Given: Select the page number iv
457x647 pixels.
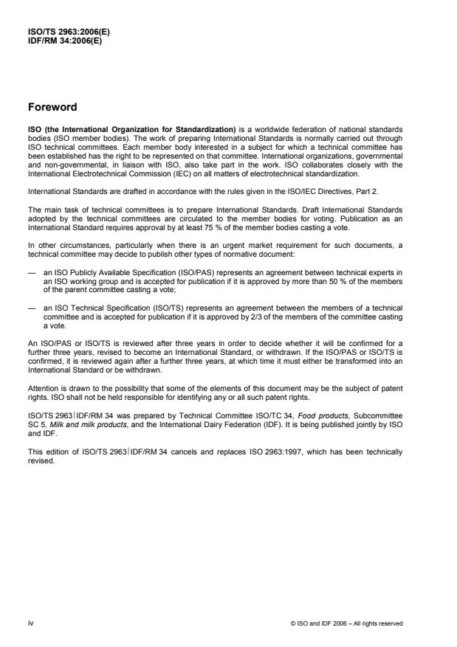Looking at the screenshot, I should pos(30,623).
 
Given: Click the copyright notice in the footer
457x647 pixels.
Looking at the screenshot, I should pos(347,623).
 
